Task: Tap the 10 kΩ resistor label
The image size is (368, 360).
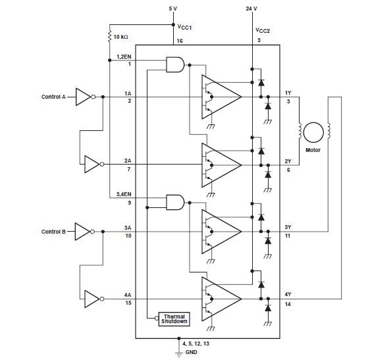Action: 120,37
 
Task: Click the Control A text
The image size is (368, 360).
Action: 53,97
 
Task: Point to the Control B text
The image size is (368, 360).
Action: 53,232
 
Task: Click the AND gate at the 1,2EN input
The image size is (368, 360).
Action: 175,64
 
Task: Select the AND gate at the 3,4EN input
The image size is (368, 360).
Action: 175,202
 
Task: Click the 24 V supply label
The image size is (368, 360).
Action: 251,9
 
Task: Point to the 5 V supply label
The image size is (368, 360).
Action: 173,9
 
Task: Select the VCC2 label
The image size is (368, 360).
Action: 263,30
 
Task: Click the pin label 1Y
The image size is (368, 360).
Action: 288,93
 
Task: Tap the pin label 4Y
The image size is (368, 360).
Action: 288,294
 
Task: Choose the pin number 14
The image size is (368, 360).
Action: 288,304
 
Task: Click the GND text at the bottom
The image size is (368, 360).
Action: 192,352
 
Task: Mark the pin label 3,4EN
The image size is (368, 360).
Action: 124,194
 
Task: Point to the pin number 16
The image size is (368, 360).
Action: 180,41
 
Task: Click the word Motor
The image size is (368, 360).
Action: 313,150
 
